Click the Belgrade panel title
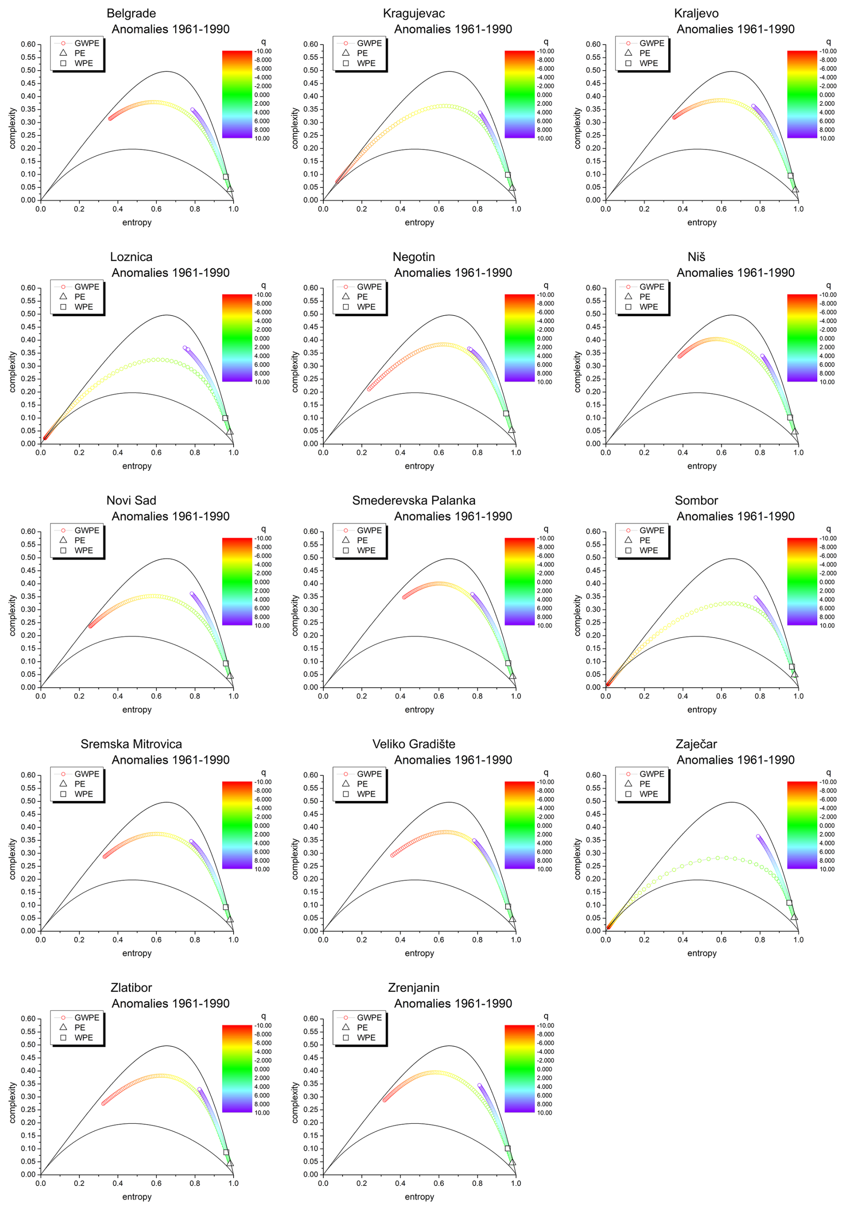coord(131,14)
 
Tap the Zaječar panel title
coord(696,744)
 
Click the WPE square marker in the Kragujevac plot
coord(508,175)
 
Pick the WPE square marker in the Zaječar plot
coord(789,903)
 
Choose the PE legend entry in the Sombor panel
coord(644,540)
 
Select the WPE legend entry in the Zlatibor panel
coord(83,1037)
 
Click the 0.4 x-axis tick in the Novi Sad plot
coord(117,696)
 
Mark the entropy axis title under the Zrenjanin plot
coord(419,1196)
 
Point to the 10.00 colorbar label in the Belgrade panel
coord(262,138)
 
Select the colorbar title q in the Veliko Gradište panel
coord(546,772)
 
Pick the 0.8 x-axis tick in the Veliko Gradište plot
coord(477,939)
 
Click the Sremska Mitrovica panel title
coord(131,744)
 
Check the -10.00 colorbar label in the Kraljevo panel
coord(828,51)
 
